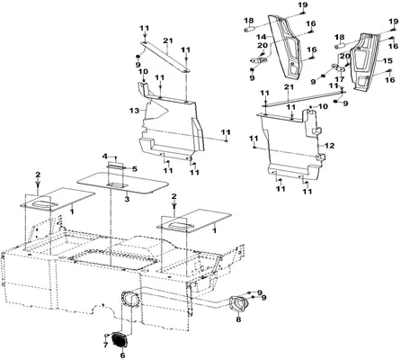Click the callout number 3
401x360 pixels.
(x=127, y=199)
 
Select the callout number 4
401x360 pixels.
(x=104, y=157)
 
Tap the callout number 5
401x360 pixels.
(x=135, y=169)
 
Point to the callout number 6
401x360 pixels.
(x=122, y=355)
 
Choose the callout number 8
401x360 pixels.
(x=238, y=319)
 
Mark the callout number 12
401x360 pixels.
(x=329, y=146)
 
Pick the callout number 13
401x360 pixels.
(x=135, y=111)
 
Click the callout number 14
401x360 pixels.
(x=261, y=37)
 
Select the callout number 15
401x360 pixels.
(x=388, y=61)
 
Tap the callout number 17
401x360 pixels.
(x=340, y=80)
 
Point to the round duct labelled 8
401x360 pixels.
(x=238, y=303)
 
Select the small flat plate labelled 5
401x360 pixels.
(x=116, y=166)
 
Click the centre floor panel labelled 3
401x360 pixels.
(x=123, y=184)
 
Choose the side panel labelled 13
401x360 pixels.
(x=171, y=126)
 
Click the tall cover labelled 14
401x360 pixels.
(x=286, y=45)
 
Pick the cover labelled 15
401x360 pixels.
(x=364, y=61)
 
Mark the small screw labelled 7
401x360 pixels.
(x=107, y=335)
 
